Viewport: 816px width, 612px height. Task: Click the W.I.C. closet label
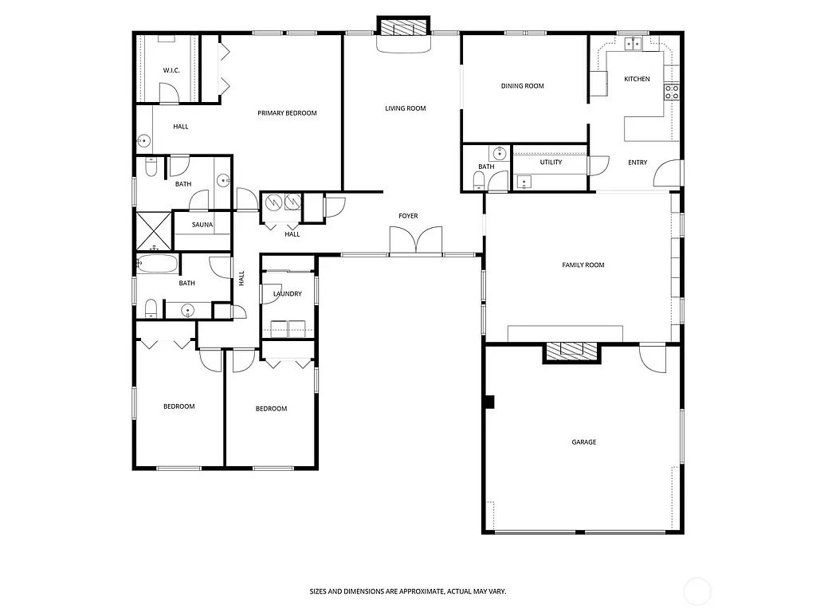(171, 70)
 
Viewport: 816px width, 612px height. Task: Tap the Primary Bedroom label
(287, 113)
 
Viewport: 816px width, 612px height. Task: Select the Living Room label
(406, 108)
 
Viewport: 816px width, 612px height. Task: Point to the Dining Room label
(523, 86)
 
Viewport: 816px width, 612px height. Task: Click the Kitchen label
(637, 79)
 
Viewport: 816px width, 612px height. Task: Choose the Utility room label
(551, 162)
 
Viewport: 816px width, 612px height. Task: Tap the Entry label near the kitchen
(637, 163)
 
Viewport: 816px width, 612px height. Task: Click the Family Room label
(583, 265)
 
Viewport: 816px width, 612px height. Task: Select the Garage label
(583, 442)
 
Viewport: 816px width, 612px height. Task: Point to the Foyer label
(408, 216)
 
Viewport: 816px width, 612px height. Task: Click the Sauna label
(202, 225)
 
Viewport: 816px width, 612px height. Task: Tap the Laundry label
(287, 294)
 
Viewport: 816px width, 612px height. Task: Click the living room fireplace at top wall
(404, 29)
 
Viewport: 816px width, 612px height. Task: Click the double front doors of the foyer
(415, 240)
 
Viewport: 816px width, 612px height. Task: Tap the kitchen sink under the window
(634, 45)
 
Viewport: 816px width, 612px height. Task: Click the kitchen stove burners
(672, 92)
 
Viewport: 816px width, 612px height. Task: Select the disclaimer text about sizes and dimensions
(407, 592)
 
